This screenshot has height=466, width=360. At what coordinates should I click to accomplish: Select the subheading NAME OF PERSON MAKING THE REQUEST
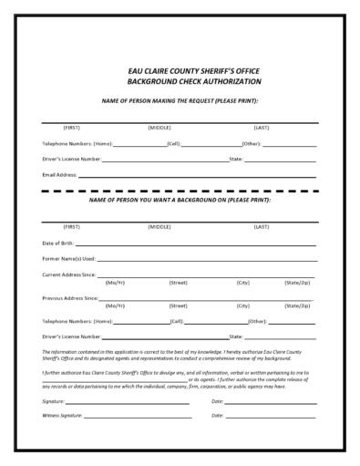click(180, 99)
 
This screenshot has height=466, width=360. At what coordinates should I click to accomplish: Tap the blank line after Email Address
click(196, 175)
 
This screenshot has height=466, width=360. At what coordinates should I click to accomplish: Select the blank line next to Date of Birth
click(196, 245)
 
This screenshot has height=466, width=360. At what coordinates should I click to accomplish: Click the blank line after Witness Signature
click(137, 417)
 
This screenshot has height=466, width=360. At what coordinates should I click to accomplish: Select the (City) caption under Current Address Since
click(243, 283)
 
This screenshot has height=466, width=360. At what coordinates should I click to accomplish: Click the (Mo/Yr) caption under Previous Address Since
click(116, 305)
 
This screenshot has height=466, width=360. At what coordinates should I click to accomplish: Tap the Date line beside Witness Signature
click(272, 417)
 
